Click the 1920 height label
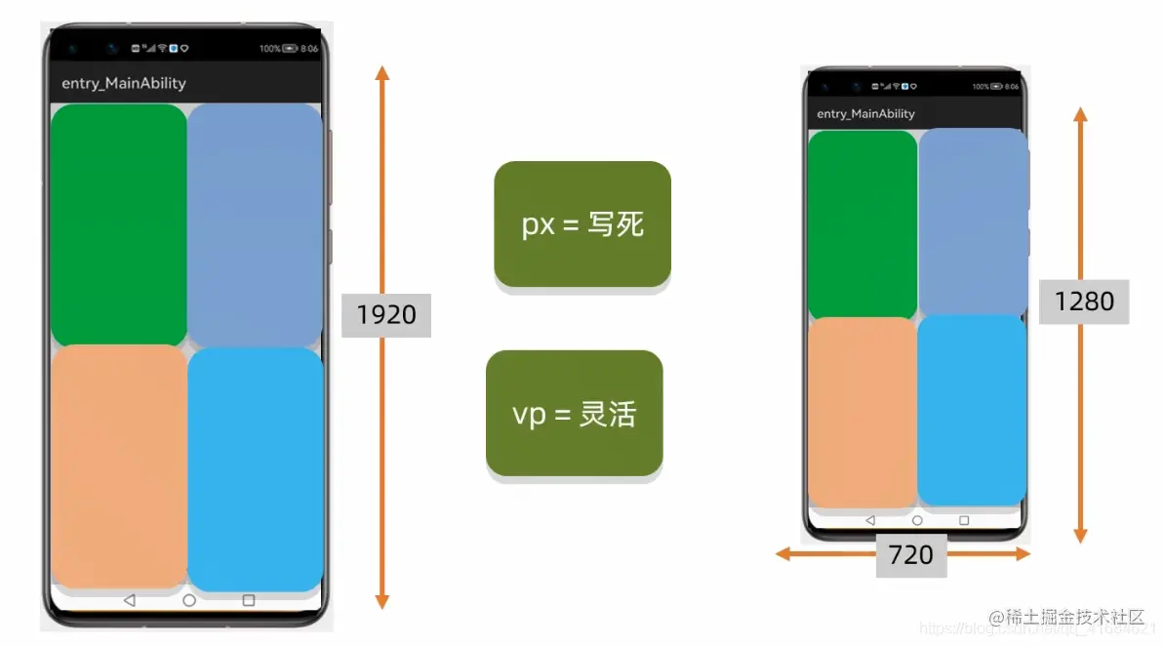[x=386, y=315]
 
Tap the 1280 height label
[x=1084, y=302]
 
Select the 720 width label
[x=911, y=555]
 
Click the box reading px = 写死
[x=582, y=224]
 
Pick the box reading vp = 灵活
[x=574, y=414]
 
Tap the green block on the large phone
[x=118, y=224]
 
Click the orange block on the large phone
[x=118, y=465]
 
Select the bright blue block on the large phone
[x=255, y=468]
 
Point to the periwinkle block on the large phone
[x=255, y=224]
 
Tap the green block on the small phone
[x=863, y=224]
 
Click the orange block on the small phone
[x=863, y=412]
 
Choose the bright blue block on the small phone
[x=972, y=410]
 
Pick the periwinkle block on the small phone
[x=973, y=222]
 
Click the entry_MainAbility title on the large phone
[x=123, y=83]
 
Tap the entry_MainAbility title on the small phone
[x=865, y=114]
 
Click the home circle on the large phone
[x=189, y=600]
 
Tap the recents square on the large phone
[x=248, y=600]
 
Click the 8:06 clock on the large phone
[x=309, y=48]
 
